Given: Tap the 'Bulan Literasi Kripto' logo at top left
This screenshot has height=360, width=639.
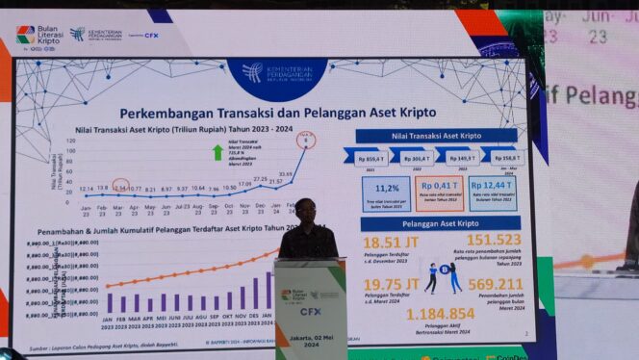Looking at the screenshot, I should (38, 35).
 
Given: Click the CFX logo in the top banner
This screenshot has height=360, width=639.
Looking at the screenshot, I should (151, 35).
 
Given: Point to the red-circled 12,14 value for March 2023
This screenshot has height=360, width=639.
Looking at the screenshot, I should (119, 188).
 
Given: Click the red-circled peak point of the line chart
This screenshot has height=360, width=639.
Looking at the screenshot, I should (307, 141).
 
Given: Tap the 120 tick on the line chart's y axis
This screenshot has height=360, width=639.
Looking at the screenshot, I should (69, 140).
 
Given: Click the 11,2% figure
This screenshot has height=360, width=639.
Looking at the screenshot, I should (386, 189).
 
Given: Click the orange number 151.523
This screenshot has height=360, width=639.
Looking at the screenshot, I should (487, 240).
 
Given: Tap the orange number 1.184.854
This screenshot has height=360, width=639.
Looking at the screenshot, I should (440, 314).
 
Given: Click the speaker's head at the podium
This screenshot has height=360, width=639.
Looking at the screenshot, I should (306, 207).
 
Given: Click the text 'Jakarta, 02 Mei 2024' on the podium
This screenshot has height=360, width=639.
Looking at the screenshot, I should (309, 332).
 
